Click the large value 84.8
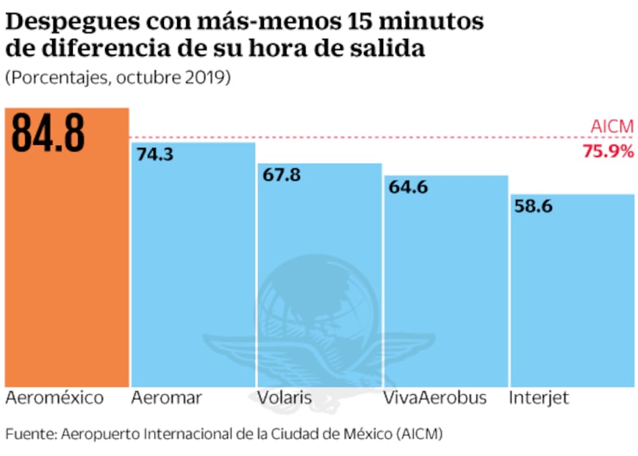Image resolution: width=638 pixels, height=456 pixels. [49, 133]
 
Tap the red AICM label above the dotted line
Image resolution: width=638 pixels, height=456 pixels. [612, 127]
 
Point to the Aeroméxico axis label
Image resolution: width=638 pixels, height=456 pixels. [54, 399]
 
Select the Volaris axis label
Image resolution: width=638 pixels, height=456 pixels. [284, 399]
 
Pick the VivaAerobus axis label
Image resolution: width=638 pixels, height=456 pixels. [434, 399]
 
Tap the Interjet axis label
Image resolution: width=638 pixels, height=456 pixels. [539, 399]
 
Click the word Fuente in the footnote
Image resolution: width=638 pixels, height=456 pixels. [25, 434]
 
